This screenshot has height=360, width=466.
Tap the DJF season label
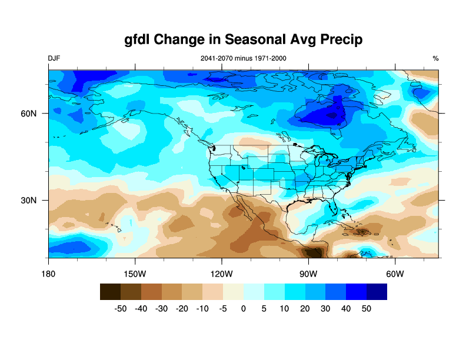coord(54,58)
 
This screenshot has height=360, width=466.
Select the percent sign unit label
coord(436,58)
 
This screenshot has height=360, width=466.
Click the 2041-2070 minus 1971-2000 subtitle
coord(243,58)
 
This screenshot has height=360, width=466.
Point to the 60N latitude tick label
coord(29,114)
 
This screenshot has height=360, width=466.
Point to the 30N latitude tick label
coord(29,201)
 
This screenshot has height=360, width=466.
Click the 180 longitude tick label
coord(48,274)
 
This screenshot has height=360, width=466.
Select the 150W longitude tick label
coord(135,274)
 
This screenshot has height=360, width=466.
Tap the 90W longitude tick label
coord(308,274)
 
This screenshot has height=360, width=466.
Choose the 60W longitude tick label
coord(395,274)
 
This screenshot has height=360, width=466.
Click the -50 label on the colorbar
coord(120,308)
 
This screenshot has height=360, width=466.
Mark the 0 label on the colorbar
coord(244,308)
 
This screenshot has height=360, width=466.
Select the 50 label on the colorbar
coord(367,308)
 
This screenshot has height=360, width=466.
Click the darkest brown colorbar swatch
coord(110,292)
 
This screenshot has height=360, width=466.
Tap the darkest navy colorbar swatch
coord(377,292)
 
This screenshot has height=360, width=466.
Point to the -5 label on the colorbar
coord(223,308)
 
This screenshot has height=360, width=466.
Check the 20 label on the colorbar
coord(305,308)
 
